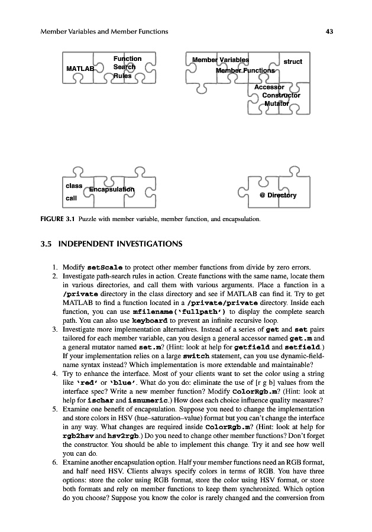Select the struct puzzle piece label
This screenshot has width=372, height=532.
coord(293,61)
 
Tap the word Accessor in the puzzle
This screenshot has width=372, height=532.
coord(269,87)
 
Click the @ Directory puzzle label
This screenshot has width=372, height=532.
coord(278,195)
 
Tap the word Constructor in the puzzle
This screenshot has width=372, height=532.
coord(281,95)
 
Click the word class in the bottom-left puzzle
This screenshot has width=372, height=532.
coord(75,186)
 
